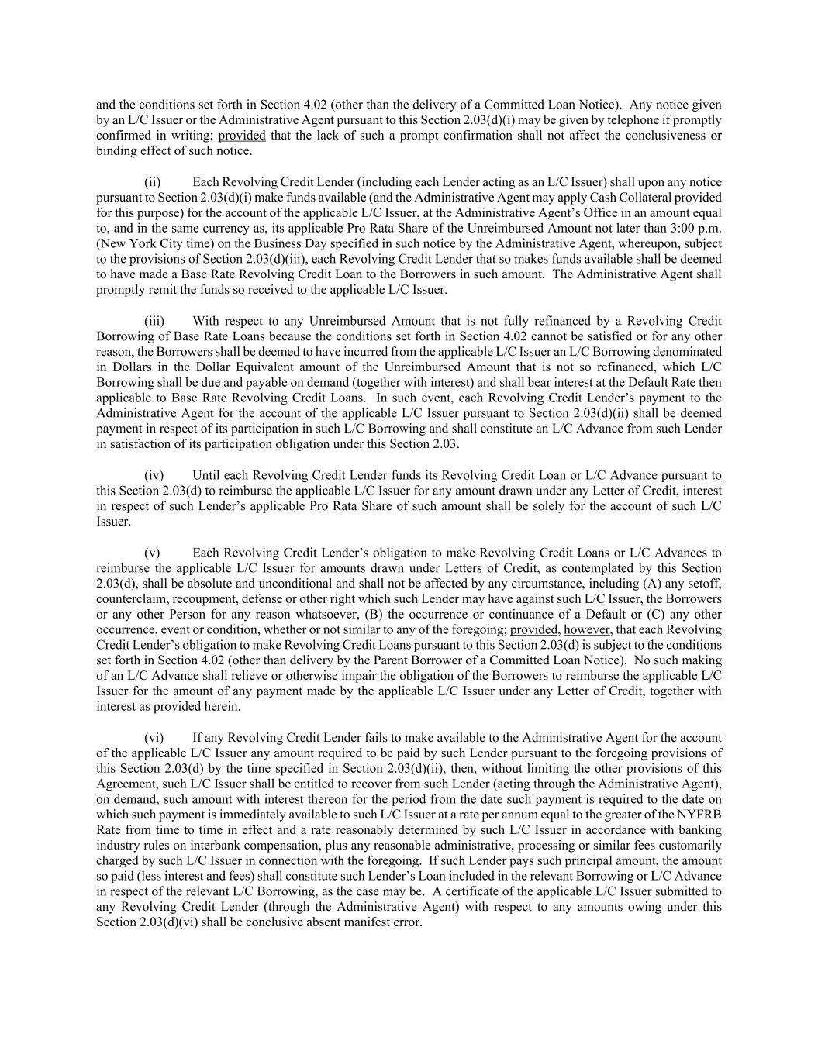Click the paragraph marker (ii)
153,182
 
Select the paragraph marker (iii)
154,321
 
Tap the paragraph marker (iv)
154,475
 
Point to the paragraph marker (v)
152,553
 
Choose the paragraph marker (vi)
154,738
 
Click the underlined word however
587,629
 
